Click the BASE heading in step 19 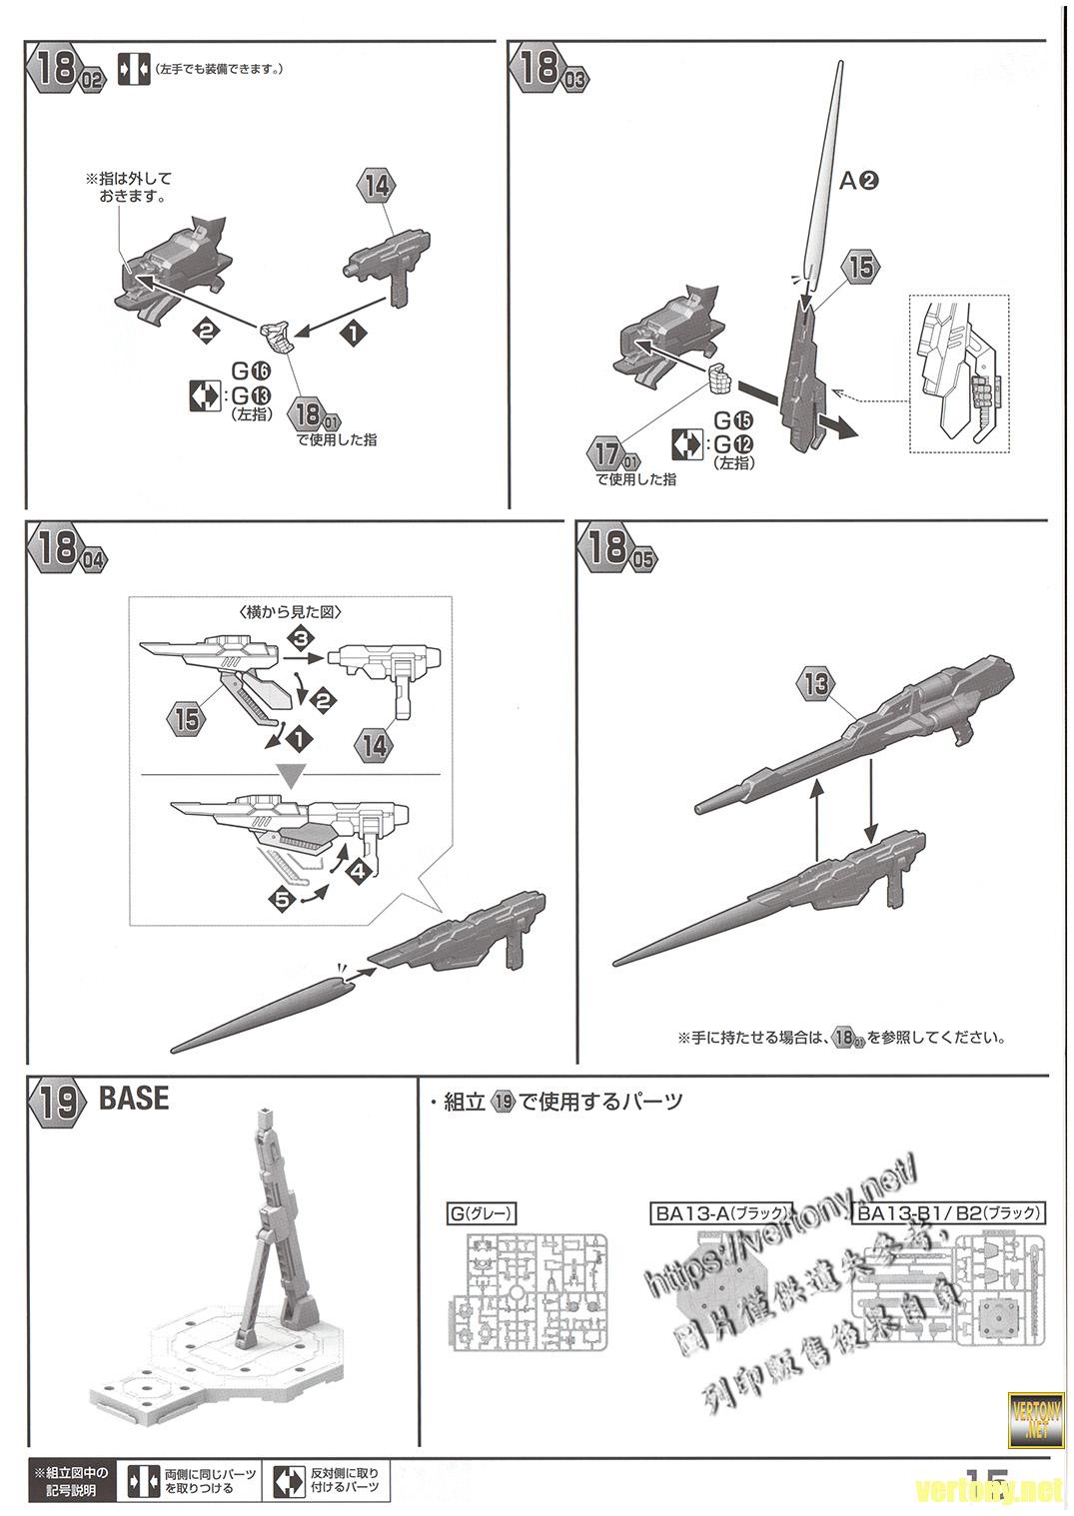tap(134, 1099)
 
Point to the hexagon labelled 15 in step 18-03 tap(861, 268)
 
